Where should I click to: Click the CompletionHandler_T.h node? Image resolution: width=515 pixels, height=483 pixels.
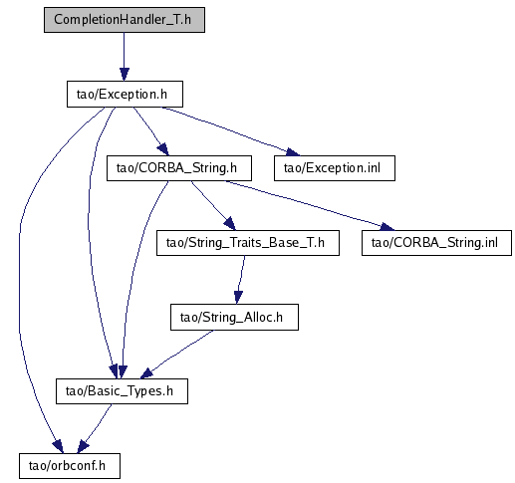125,20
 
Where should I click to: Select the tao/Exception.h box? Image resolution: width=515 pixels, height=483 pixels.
125,94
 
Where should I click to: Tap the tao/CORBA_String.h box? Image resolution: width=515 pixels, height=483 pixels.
179,168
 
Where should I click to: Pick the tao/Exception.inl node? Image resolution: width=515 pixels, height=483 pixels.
335,168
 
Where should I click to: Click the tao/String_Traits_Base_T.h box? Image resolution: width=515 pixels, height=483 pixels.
248,243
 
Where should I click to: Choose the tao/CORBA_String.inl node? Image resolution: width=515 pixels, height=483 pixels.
436,243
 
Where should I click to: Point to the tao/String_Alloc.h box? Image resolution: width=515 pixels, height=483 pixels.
234,317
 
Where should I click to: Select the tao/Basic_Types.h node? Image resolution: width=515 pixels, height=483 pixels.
122,391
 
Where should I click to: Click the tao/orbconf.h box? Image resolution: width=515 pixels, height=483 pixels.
70,466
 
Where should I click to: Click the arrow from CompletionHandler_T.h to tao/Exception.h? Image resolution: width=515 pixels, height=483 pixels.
125,57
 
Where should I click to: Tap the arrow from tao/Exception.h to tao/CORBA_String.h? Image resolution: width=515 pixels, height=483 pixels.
152,130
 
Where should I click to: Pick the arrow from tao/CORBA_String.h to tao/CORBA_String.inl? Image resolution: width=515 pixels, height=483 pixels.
309,205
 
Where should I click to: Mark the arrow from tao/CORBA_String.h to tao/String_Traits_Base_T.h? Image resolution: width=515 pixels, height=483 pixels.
212,205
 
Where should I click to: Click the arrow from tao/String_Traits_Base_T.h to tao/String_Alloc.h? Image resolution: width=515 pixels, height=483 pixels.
240,280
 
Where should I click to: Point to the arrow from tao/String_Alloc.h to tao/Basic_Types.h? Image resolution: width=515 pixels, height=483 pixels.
176,355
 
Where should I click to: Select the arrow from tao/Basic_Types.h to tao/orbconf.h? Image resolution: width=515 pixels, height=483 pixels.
96,428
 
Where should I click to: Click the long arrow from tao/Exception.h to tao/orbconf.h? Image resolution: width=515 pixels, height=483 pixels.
20,279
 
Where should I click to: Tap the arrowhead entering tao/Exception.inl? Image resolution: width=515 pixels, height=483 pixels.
292,152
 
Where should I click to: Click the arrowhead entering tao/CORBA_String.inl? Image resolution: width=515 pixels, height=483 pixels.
387,227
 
